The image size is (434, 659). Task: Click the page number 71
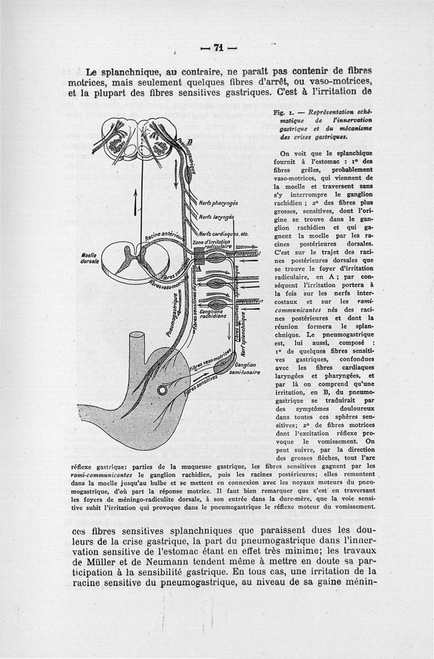[x=219, y=48]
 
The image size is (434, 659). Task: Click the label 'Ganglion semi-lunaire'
[x=246, y=369]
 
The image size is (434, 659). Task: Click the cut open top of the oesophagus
[x=135, y=337]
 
